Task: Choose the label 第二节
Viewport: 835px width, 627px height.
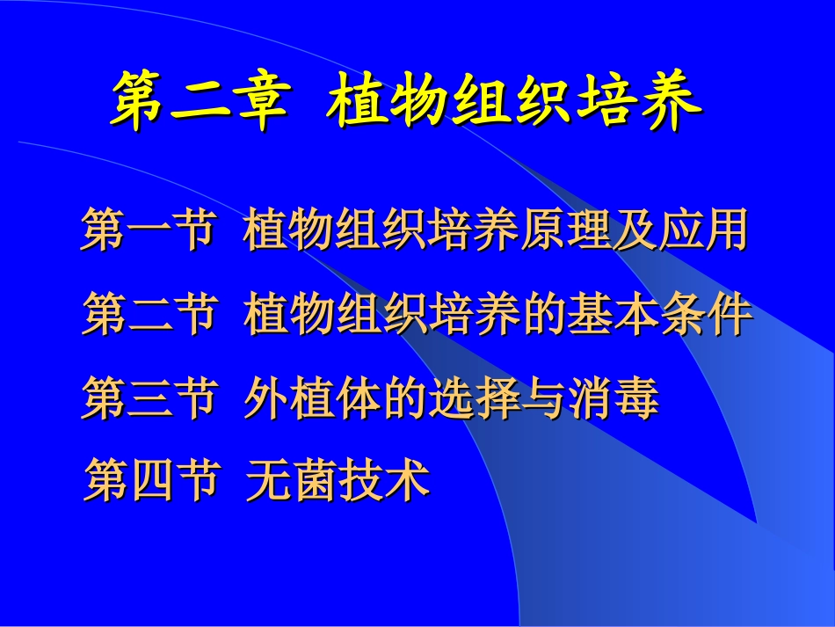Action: click(x=149, y=315)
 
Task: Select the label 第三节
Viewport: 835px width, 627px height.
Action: click(x=149, y=398)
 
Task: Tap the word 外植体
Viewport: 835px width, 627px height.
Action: click(x=315, y=398)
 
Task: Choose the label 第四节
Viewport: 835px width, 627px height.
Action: click(x=149, y=482)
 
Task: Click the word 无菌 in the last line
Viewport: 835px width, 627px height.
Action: click(x=291, y=482)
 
